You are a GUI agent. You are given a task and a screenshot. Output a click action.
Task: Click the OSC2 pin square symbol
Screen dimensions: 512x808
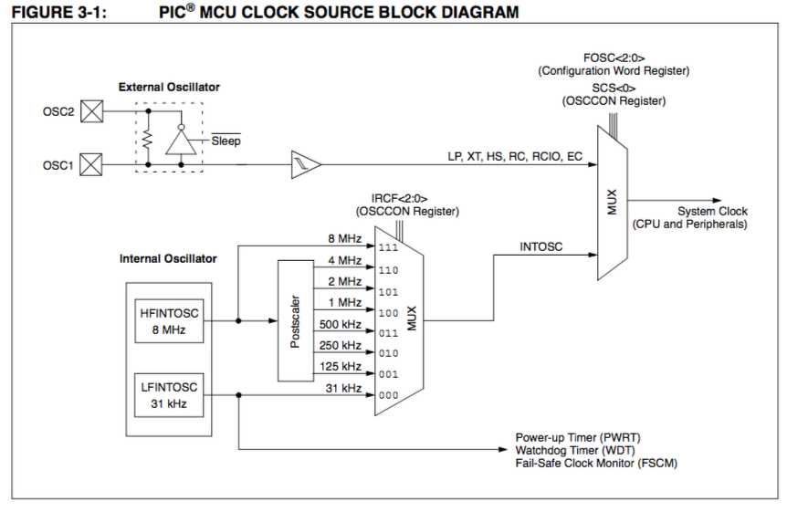(x=92, y=112)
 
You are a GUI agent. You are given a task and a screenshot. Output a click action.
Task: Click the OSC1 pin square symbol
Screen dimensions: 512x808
(x=92, y=165)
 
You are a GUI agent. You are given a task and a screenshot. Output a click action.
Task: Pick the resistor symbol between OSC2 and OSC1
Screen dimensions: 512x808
(x=147, y=139)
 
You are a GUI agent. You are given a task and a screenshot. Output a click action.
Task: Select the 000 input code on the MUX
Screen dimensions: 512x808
(x=388, y=395)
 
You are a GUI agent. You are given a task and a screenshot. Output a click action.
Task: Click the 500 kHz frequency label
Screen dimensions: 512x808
(x=339, y=324)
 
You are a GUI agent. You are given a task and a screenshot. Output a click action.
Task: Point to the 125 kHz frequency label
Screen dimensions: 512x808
(x=339, y=366)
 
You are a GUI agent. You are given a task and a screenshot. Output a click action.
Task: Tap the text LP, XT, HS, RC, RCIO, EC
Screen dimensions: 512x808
(x=515, y=156)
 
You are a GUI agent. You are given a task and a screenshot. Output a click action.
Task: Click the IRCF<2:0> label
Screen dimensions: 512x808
(x=399, y=198)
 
